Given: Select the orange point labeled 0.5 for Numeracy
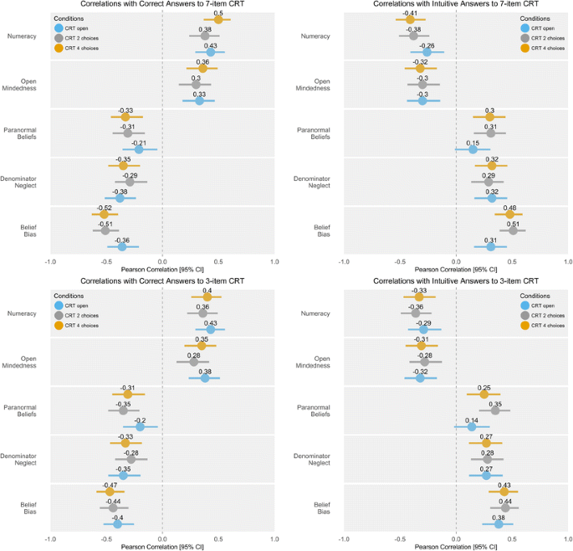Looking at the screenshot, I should click(218, 20).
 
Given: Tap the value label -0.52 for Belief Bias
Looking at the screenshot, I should click(105, 207).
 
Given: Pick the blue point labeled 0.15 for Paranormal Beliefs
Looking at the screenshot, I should click(473, 150).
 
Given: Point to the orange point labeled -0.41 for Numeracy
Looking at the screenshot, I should click(410, 20).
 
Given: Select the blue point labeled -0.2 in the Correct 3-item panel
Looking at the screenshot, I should click(141, 427).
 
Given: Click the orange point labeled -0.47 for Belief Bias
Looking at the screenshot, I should click(110, 492).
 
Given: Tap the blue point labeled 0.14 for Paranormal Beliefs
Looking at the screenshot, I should click(472, 427).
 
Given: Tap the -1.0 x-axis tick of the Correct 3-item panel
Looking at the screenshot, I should click(50, 538).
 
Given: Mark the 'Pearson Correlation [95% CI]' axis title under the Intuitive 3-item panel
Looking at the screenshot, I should click(455, 547).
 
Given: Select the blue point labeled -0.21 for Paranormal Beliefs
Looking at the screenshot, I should click(139, 150).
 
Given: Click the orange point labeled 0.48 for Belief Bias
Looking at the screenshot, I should click(509, 214).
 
